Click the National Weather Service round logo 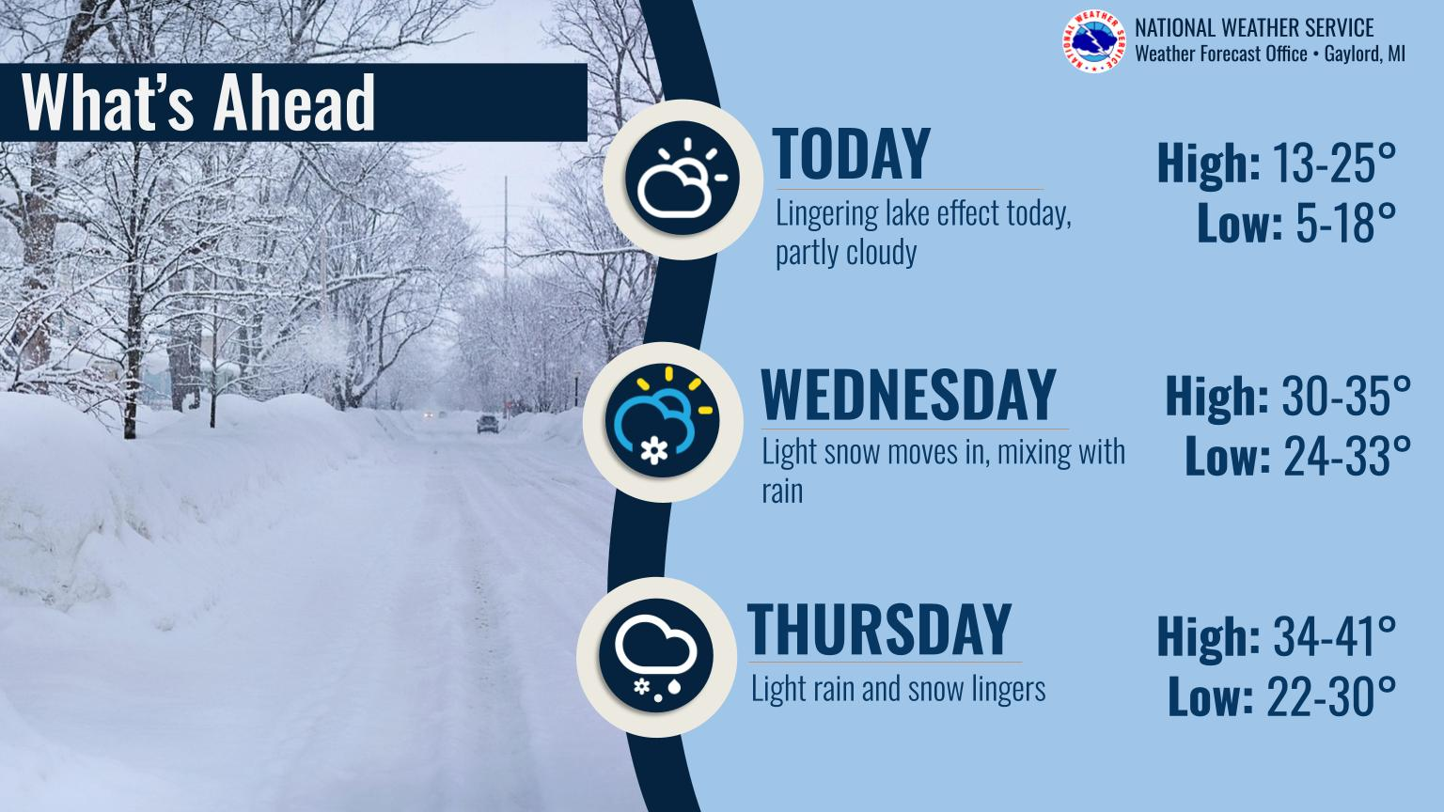click(1094, 41)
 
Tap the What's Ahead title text click(198, 102)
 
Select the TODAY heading click(851, 154)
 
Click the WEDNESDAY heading click(908, 395)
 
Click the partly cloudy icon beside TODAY click(682, 179)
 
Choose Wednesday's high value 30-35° click(1346, 395)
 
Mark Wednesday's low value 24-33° click(1347, 455)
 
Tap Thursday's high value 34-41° click(1334, 636)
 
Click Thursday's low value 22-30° click(1332, 696)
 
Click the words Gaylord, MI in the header click(1365, 54)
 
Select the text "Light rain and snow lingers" click(898, 689)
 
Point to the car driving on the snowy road click(488, 424)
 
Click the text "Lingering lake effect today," click(923, 213)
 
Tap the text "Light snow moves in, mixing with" click(943, 451)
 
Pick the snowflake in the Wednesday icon click(653, 450)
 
